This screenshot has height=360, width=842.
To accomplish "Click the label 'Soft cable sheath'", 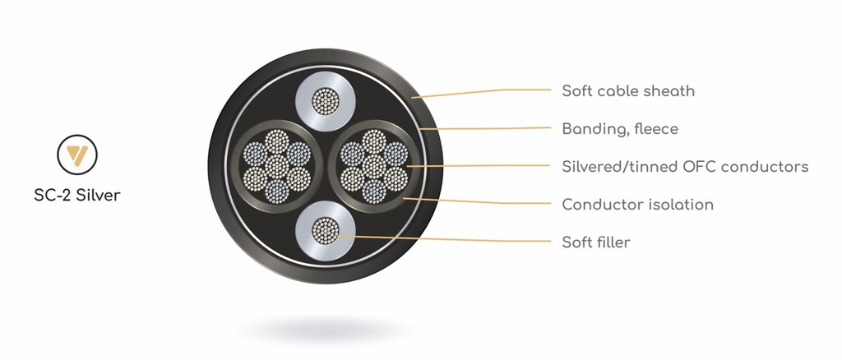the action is click(x=627, y=90).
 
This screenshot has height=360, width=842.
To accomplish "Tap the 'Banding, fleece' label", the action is click(x=620, y=129).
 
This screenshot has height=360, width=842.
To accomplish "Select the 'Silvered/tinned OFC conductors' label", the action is click(x=685, y=166).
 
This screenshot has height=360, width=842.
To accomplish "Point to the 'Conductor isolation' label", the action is click(x=637, y=205).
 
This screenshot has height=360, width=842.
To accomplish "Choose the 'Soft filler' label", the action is click(x=595, y=242).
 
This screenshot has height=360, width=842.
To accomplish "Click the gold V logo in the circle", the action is click(x=77, y=155).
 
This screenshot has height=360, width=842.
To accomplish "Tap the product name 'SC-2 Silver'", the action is click(x=77, y=195).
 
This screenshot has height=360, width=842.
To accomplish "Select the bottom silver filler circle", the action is click(x=326, y=231).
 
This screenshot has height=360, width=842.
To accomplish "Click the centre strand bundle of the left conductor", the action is click(x=277, y=166).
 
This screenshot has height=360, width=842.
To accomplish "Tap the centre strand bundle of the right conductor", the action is click(x=374, y=166).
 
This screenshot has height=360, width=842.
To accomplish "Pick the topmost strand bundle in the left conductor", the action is click(x=277, y=141).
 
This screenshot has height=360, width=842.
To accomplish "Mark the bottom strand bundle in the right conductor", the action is click(x=374, y=192).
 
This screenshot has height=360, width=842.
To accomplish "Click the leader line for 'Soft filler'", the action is click(x=445, y=238).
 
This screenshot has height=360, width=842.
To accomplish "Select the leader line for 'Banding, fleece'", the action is click(x=485, y=128).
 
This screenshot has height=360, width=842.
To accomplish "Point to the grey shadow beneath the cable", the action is click(x=326, y=328).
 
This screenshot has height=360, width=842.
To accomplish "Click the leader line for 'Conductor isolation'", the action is click(x=477, y=201).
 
